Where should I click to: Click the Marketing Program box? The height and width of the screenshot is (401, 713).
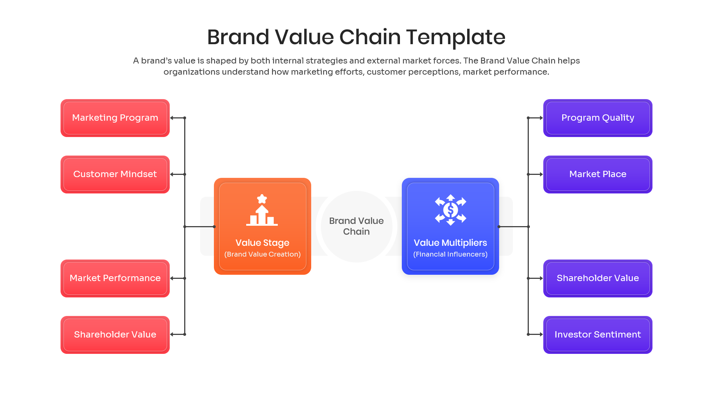pos(115,118)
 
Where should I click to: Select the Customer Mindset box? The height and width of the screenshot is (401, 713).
pos(115,175)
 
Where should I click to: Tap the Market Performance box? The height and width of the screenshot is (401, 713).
pos(115,278)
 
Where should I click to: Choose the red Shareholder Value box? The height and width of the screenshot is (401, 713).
pos(115,335)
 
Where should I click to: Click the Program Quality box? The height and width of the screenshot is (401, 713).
pos(598,118)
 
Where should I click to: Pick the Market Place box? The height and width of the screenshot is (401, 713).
pos(598,175)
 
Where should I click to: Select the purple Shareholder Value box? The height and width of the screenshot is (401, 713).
pos(598,278)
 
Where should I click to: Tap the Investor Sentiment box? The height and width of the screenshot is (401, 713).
pos(598,335)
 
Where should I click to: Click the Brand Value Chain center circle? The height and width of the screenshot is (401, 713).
pos(356,226)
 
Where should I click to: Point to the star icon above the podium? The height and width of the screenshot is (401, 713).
pos(262,199)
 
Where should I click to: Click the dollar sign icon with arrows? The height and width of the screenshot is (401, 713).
pos(450,210)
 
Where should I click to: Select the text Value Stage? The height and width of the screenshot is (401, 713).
pos(262,243)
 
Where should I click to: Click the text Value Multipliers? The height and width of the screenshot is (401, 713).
pos(450,243)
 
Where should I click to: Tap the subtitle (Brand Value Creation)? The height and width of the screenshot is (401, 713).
pos(262,254)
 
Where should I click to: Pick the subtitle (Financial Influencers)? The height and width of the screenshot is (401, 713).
pos(450,254)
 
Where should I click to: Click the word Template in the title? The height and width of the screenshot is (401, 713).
pos(456,37)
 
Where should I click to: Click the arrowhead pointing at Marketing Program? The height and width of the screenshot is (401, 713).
pos(172,118)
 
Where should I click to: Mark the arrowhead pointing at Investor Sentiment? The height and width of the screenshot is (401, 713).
pos(541,335)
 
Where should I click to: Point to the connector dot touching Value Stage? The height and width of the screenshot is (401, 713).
pos(214,226)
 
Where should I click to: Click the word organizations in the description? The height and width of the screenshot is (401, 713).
pos(192,72)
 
